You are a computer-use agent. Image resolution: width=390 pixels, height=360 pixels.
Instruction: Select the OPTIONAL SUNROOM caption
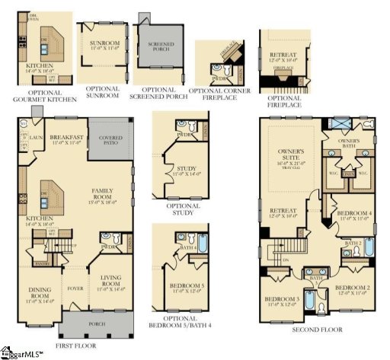click(103, 92)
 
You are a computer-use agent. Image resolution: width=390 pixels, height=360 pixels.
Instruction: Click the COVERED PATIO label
click(110, 140)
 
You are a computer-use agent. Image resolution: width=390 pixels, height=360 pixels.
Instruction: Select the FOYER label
click(75, 288)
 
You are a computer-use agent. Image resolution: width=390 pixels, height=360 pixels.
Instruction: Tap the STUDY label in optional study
click(185, 170)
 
